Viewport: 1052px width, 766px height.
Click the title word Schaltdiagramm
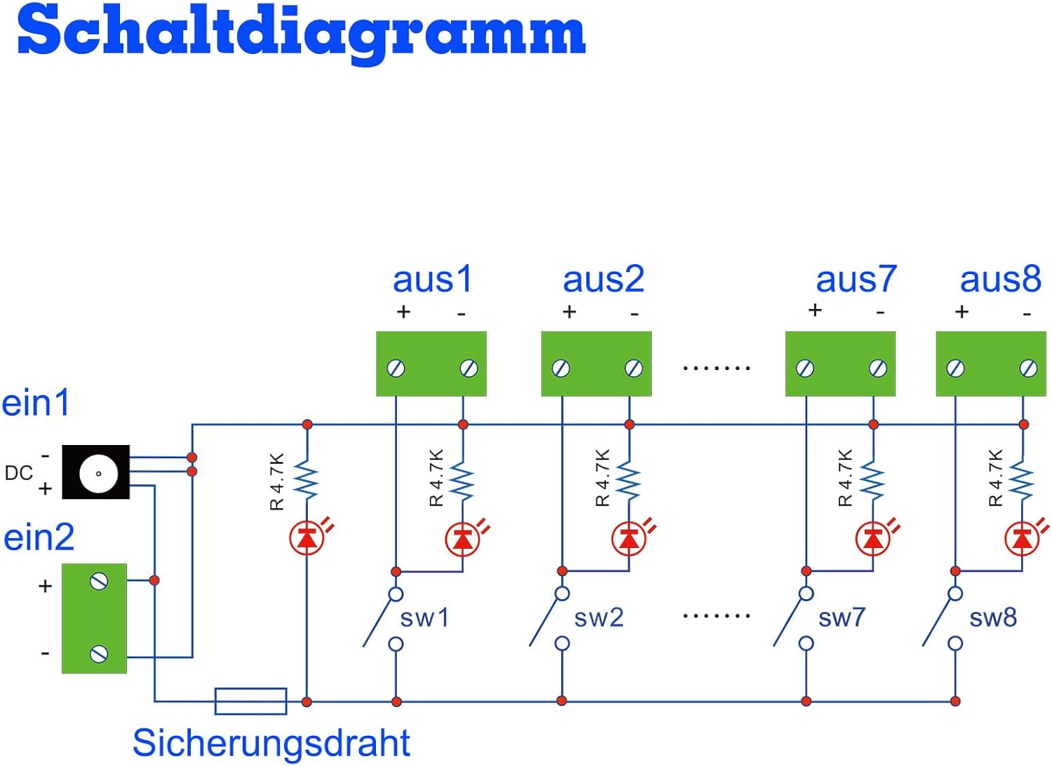[302, 32]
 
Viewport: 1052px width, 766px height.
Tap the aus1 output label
[432, 279]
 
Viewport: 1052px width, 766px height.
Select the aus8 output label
[1000, 279]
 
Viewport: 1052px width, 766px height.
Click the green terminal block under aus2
[596, 364]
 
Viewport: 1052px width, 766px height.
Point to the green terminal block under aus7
[840, 364]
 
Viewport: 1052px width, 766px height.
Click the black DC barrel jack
[96, 472]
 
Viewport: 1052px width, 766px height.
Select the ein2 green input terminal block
[95, 618]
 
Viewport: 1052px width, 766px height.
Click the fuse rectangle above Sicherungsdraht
[250, 701]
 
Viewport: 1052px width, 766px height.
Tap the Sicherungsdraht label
[271, 743]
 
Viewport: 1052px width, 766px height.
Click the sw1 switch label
[424, 618]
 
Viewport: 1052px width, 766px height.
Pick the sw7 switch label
[842, 618]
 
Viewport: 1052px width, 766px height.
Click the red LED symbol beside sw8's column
[1021, 539]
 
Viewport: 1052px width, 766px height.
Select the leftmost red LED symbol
[306, 538]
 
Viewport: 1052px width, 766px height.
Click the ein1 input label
[36, 403]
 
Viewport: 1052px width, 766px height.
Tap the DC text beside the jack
[18, 473]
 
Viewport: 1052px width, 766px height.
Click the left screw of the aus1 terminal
[396, 368]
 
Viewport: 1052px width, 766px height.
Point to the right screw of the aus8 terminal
[1028, 368]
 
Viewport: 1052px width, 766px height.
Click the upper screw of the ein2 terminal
[99, 581]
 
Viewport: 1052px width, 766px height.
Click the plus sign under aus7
[814, 310]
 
